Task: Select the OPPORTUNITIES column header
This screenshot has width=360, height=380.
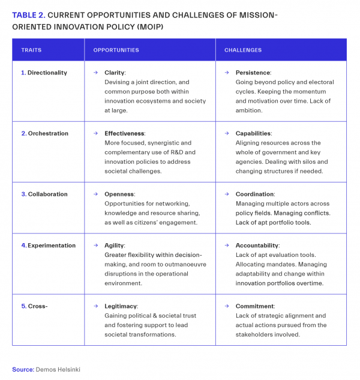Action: coord(116,50)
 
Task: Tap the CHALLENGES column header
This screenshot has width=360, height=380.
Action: coord(243,50)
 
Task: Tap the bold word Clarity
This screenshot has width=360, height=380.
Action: coord(115,73)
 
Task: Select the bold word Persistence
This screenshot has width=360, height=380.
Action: coord(253,73)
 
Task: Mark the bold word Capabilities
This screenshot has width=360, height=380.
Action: coord(253,133)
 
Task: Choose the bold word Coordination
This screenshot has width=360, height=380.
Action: coord(255,194)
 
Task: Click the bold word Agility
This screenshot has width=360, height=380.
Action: coord(114,246)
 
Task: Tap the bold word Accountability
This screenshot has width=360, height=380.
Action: coord(257,246)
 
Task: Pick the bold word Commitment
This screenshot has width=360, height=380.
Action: coord(254,306)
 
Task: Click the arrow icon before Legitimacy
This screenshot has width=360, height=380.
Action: coord(95,306)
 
